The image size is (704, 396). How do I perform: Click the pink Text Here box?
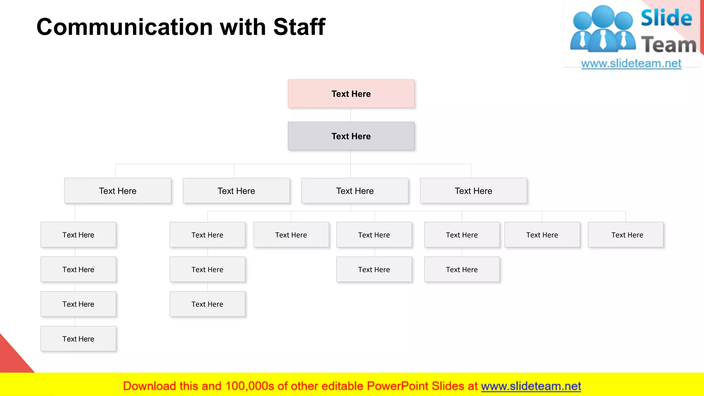(351, 94)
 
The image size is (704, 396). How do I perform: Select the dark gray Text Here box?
(351, 136)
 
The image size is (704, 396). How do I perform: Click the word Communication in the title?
(124, 27)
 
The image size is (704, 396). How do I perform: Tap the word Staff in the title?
(299, 27)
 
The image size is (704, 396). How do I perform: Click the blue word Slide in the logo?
(666, 18)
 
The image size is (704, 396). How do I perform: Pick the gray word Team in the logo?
(669, 45)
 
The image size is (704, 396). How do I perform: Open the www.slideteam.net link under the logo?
(631, 64)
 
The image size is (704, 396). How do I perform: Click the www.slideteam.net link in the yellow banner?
(531, 386)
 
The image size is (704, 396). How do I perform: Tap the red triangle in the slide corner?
(10, 357)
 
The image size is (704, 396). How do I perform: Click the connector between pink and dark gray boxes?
(351, 115)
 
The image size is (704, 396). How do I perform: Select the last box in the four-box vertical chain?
(78, 339)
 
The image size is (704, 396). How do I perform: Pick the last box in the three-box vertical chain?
(207, 304)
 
